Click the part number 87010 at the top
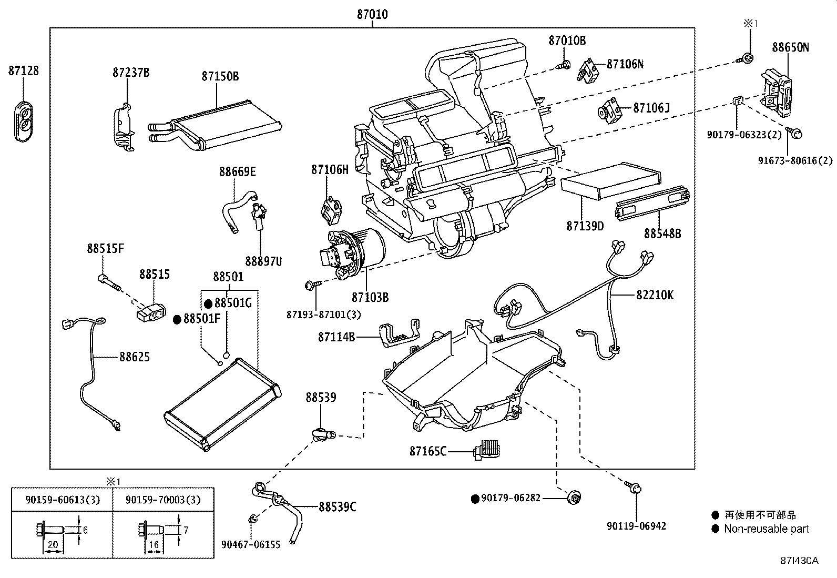372,15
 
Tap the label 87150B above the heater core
220,77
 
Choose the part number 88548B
662,234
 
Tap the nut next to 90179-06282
576,498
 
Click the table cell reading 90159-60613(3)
62,500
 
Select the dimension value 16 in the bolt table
154,545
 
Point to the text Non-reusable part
766,529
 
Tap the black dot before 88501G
208,303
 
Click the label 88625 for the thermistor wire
134,357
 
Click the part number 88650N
790,47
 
